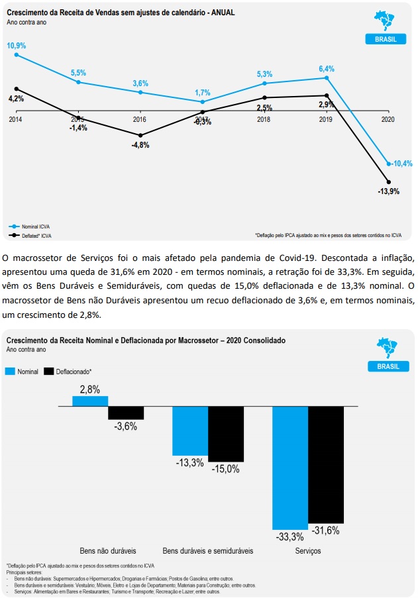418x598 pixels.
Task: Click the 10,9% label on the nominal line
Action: click(16, 45)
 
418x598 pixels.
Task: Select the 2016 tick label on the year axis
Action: click(140, 120)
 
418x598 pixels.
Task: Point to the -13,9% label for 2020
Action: click(388, 191)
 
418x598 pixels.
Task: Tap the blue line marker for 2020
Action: click(388, 164)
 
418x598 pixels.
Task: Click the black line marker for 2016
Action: click(140, 135)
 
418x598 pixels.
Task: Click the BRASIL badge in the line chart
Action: click(386, 39)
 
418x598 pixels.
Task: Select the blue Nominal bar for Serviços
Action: click(290, 467)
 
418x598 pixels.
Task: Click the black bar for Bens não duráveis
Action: click(126, 413)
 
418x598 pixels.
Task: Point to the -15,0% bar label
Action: click(225, 469)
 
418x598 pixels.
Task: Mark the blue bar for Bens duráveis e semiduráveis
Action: click(189, 430)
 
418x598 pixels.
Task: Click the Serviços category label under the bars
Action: click(308, 550)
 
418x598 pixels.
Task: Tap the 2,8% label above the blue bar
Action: click(90, 389)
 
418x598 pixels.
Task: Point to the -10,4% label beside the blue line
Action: click(401, 164)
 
